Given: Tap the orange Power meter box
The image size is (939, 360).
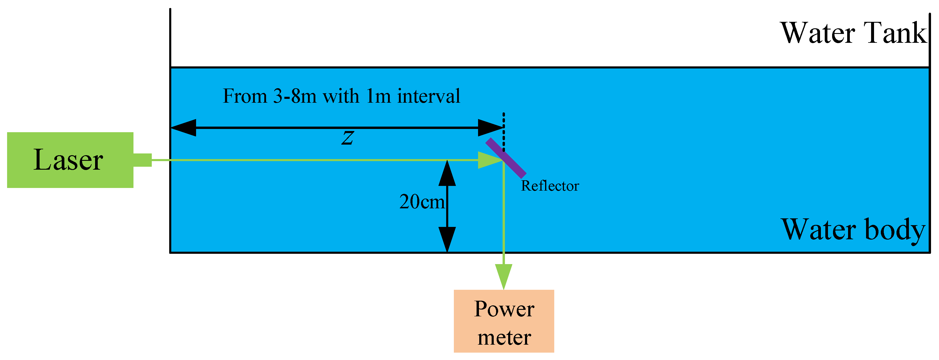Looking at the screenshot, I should coord(504,321).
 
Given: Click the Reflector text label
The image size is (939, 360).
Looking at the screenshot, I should coord(550,186).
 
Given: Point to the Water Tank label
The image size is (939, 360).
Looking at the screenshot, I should coord(853,34).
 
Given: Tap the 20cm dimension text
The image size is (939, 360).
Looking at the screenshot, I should coord(422,202).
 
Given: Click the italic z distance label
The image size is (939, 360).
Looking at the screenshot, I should coord(347,138).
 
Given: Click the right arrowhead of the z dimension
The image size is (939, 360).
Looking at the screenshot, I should coord(490,128).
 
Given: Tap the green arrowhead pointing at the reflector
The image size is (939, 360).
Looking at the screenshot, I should coord(489,160).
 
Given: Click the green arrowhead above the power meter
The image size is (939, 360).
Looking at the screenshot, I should coord(503,276).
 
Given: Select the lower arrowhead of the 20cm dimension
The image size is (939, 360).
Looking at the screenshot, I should coord(447,239).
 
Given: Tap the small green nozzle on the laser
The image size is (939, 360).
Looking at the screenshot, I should coord(143,160).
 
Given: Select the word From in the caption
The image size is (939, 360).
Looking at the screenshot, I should coord(245,96).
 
